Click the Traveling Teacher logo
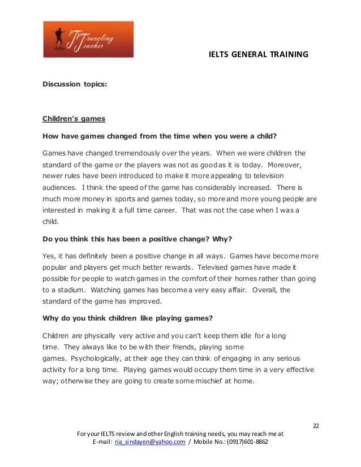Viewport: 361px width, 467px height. click(x=88, y=39)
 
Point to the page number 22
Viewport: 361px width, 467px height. click(x=316, y=425)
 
